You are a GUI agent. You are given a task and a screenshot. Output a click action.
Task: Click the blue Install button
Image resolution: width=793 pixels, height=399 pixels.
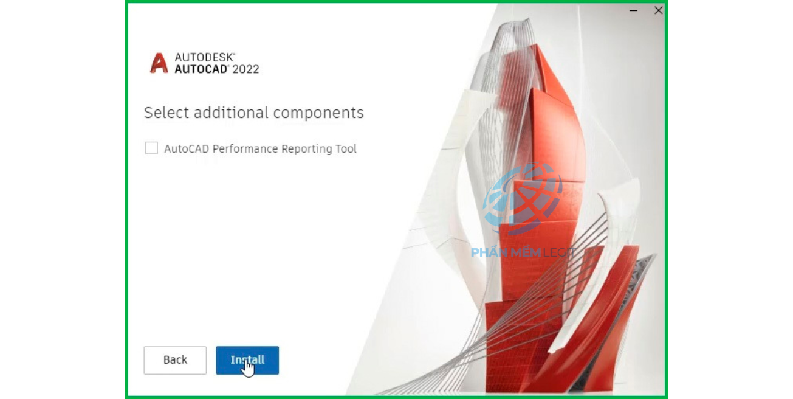point(247,360)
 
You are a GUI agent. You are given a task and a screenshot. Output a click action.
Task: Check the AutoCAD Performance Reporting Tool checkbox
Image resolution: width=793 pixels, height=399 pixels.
point(151,148)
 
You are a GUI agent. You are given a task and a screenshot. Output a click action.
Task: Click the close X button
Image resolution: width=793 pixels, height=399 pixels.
point(659,10)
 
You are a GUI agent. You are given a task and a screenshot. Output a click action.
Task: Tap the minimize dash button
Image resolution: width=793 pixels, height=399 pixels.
point(633,11)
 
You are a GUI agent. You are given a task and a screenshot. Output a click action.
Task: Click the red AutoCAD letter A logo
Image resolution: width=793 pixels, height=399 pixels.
point(159,63)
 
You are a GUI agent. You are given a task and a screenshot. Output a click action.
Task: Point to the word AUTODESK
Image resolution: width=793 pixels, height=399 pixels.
point(205,57)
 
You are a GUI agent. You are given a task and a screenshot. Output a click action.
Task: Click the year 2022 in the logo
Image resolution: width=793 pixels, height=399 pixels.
point(245,69)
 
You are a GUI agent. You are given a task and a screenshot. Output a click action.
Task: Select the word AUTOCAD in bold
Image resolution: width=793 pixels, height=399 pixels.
point(201,69)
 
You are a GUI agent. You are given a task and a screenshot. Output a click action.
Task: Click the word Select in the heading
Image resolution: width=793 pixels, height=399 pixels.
point(166,113)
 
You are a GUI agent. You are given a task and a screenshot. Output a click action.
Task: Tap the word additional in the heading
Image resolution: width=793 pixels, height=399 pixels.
point(231,113)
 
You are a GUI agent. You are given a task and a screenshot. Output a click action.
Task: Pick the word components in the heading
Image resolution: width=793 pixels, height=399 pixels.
point(318,113)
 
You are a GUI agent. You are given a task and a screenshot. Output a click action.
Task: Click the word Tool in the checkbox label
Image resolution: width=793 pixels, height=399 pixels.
point(346,149)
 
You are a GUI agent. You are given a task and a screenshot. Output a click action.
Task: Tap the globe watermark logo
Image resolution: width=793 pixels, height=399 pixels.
point(522,198)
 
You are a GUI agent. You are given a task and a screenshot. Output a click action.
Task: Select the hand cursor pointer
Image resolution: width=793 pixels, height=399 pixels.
point(249,369)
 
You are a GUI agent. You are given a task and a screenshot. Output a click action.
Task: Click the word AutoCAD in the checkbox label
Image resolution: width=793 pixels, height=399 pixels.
point(187,149)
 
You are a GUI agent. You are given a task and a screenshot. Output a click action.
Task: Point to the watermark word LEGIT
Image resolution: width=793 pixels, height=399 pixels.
point(559,252)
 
